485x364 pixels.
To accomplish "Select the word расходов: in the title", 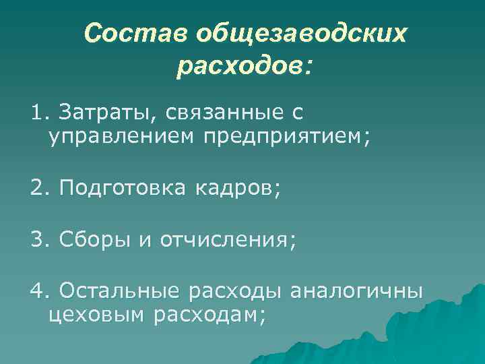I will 245,66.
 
